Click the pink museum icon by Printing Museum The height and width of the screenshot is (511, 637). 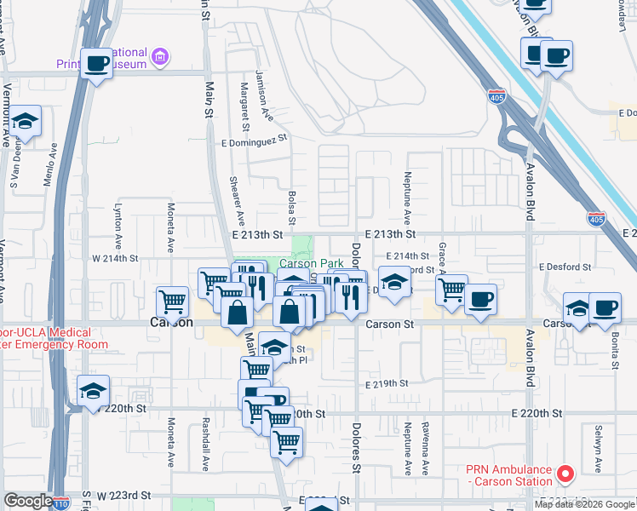[158, 57]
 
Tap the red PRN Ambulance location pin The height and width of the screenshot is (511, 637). [563, 473]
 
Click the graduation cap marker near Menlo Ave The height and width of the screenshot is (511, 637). [26, 122]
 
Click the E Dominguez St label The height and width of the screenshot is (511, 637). [255, 143]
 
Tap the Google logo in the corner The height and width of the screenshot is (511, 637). [27, 502]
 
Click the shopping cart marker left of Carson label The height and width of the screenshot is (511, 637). [173, 301]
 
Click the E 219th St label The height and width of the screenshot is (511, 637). [387, 384]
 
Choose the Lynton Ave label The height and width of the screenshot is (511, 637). [118, 218]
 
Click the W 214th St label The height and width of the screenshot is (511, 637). [114, 257]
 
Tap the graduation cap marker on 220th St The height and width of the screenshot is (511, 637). [93, 392]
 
